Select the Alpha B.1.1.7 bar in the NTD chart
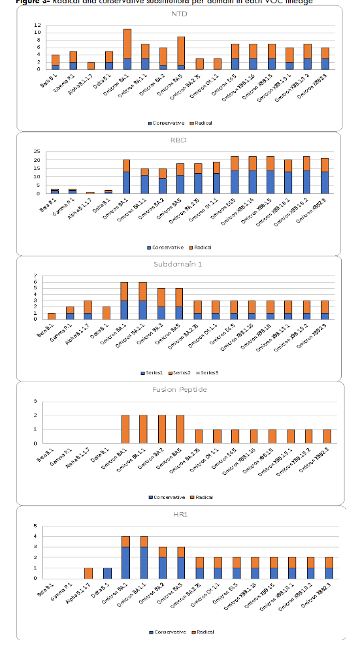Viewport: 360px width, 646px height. tap(91, 65)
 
